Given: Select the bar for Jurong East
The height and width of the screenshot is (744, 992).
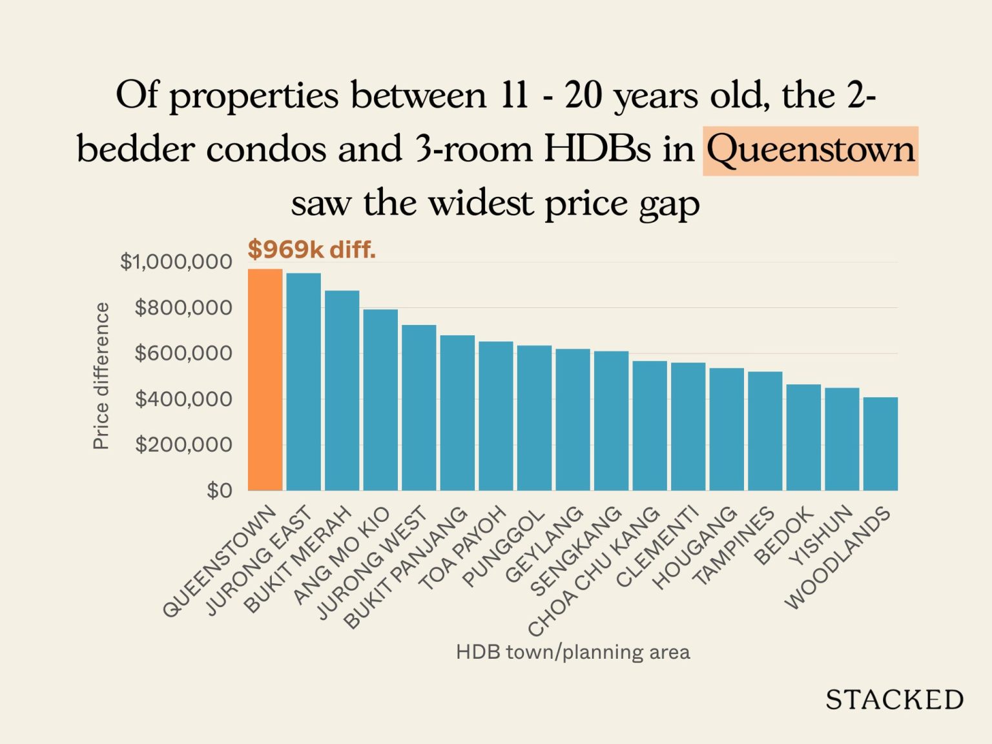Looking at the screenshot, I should click(304, 382).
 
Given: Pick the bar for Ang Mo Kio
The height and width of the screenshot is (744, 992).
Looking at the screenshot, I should click(380, 400).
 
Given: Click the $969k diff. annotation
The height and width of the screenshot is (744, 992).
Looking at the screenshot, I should click(311, 249).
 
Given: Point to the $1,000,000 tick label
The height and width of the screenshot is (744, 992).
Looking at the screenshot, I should click(176, 262).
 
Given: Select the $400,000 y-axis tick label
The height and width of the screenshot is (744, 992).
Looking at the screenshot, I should click(183, 399).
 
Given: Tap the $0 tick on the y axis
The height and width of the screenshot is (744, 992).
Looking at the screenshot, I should click(219, 490).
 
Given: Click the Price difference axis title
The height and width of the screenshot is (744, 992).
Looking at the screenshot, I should click(101, 376).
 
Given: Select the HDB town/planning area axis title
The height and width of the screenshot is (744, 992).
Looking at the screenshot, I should click(573, 652).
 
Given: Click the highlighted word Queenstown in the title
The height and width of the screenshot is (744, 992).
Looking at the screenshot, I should click(810, 150).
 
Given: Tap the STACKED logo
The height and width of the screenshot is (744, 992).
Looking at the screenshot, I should click(894, 699).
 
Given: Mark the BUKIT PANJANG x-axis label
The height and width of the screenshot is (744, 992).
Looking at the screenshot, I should click(406, 567).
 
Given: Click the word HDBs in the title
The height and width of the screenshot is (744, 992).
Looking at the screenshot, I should click(597, 150).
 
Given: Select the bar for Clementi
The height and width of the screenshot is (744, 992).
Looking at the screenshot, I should click(688, 426).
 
